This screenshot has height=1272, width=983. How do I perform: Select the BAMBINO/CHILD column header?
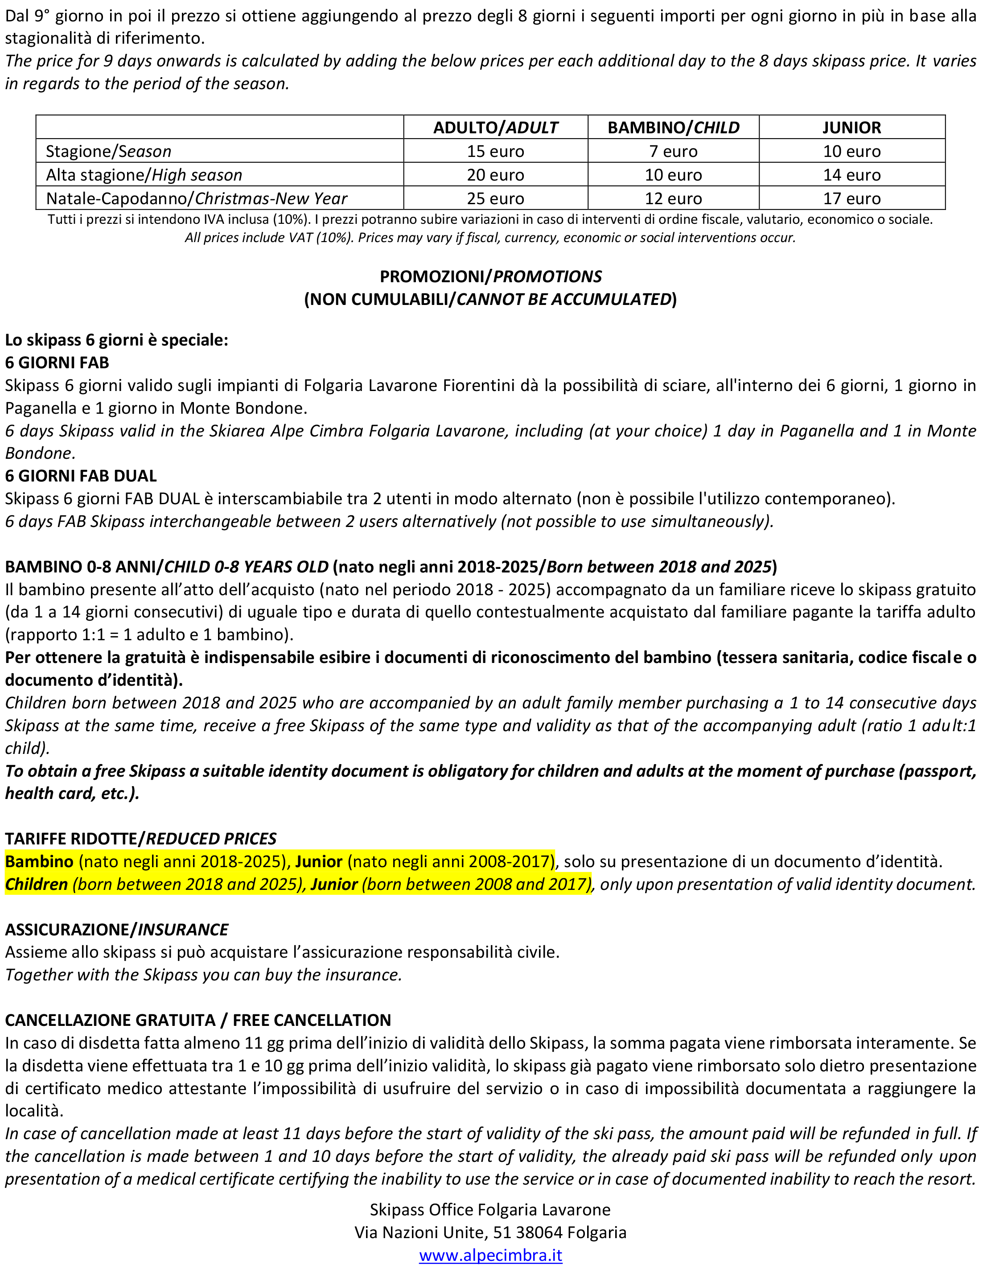[673, 128]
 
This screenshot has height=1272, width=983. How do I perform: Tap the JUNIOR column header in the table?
[851, 128]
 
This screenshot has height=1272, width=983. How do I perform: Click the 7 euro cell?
[673, 152]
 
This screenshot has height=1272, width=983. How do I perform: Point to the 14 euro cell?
[851, 175]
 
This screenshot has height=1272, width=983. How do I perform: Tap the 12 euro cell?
[673, 198]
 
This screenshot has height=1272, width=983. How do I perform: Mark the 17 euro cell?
[851, 198]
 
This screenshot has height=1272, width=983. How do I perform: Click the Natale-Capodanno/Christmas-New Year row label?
[196, 198]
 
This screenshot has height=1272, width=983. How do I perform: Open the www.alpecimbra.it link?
[490, 1255]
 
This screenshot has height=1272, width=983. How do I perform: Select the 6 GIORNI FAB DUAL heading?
[81, 476]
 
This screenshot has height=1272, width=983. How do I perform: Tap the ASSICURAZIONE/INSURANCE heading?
[116, 930]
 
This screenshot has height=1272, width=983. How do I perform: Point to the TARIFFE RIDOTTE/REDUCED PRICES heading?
[140, 839]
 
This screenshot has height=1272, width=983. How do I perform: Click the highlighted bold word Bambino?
[40, 861]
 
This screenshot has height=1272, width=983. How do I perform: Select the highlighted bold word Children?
[37, 884]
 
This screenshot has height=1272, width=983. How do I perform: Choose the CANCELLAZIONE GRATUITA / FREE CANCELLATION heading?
[198, 1021]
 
